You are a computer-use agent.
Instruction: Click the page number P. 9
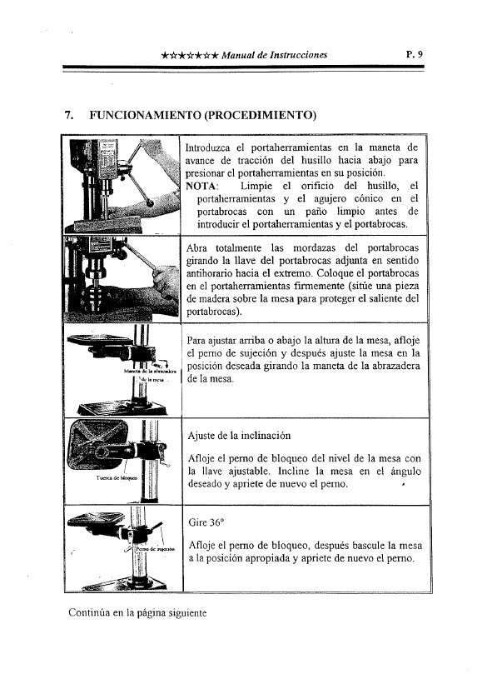pyautogui.click(x=414, y=54)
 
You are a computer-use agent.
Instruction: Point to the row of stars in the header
pyautogui.click(x=191, y=56)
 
